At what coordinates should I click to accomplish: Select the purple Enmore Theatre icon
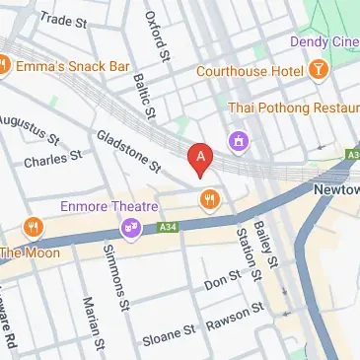pos(130,229)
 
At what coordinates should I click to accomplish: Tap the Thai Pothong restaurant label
pos(290,107)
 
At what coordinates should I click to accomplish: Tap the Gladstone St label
pos(128,150)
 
